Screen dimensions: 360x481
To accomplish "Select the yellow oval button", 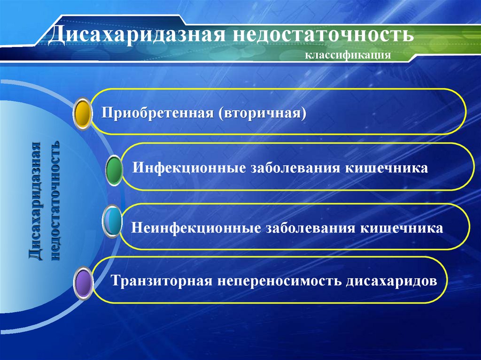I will point(83,114).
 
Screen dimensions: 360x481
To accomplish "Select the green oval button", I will point(114,170).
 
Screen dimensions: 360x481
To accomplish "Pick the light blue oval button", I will point(111,222).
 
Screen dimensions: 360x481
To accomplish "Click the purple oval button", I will point(84,283).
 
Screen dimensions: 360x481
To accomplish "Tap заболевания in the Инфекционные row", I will point(296,168).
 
